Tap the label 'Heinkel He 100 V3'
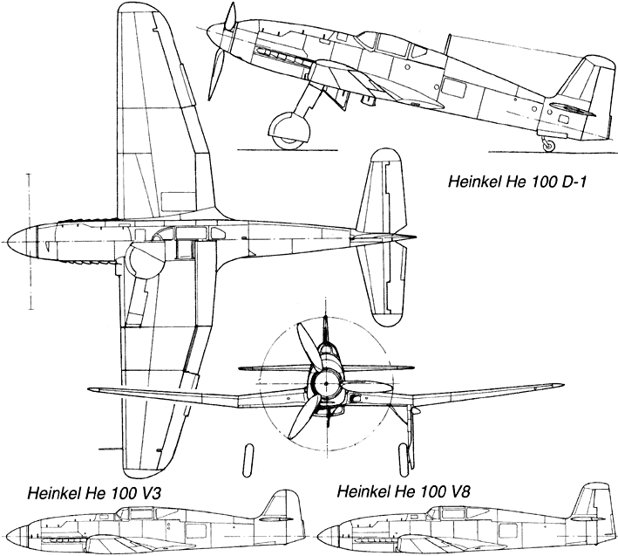94,493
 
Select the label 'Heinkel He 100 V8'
404,492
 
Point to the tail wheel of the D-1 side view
548,147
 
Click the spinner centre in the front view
326,384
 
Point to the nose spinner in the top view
22,241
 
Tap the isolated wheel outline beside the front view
248,461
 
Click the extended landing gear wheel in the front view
403,461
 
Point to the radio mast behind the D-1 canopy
448,45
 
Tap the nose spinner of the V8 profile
328,537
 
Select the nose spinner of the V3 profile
18,538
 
